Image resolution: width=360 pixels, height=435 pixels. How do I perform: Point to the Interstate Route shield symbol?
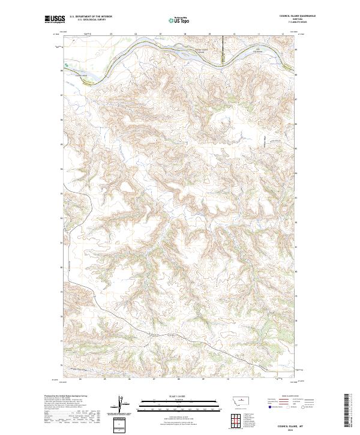point(268,407)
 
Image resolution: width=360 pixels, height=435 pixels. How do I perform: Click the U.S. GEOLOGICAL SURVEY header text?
point(88,20)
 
